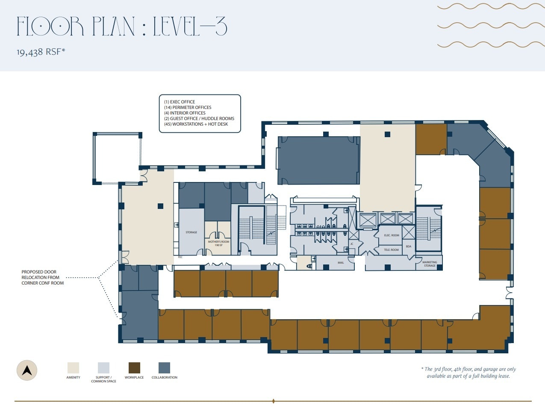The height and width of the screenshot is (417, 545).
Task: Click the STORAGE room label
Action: (x=191, y=232)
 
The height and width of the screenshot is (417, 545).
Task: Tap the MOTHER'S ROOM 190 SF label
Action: (x=218, y=244)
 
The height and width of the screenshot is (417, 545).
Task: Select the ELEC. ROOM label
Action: (x=392, y=235)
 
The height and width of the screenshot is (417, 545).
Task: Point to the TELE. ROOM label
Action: (x=391, y=250)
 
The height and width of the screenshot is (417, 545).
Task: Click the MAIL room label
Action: (x=341, y=263)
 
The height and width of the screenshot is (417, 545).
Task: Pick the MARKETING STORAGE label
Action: (x=430, y=264)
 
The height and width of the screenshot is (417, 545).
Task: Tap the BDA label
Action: (x=408, y=247)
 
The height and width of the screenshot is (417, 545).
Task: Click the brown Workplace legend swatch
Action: (x=134, y=368)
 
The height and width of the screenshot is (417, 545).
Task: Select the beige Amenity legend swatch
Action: (x=73, y=368)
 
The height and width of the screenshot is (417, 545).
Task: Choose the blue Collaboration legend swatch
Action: (x=164, y=368)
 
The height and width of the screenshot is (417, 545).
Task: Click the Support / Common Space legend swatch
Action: (x=103, y=368)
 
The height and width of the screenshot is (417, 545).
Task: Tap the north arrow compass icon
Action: (x=27, y=370)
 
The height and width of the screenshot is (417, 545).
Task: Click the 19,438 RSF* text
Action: (x=41, y=52)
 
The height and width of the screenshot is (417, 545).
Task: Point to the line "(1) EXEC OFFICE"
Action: (x=180, y=102)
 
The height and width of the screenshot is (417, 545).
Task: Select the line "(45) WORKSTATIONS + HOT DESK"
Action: (x=196, y=124)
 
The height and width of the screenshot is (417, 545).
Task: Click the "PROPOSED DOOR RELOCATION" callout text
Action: (x=42, y=277)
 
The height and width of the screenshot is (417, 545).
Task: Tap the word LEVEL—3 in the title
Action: (x=190, y=26)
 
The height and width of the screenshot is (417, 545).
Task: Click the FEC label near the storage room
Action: (x=180, y=257)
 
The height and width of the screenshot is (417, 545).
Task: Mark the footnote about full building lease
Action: (x=468, y=373)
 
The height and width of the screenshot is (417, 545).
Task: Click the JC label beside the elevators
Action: (x=352, y=244)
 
